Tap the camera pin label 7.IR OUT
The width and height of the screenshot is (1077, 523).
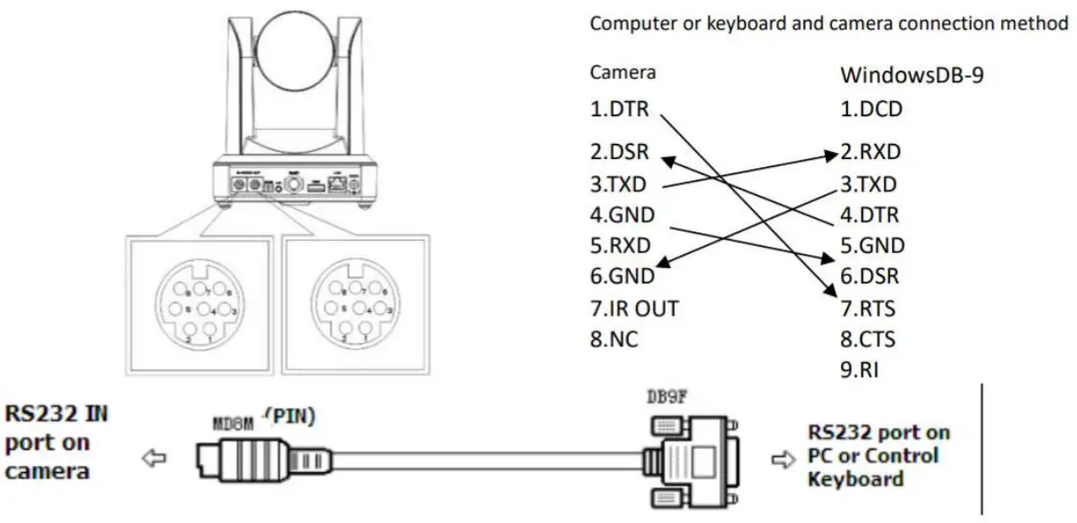coord(634,309)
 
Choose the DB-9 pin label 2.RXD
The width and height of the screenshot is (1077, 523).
coord(870,153)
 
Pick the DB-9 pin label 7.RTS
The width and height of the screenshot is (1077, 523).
coord(868,309)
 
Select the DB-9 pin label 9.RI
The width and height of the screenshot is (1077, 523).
coord(860,370)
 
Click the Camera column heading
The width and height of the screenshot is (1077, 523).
coord(623,72)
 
